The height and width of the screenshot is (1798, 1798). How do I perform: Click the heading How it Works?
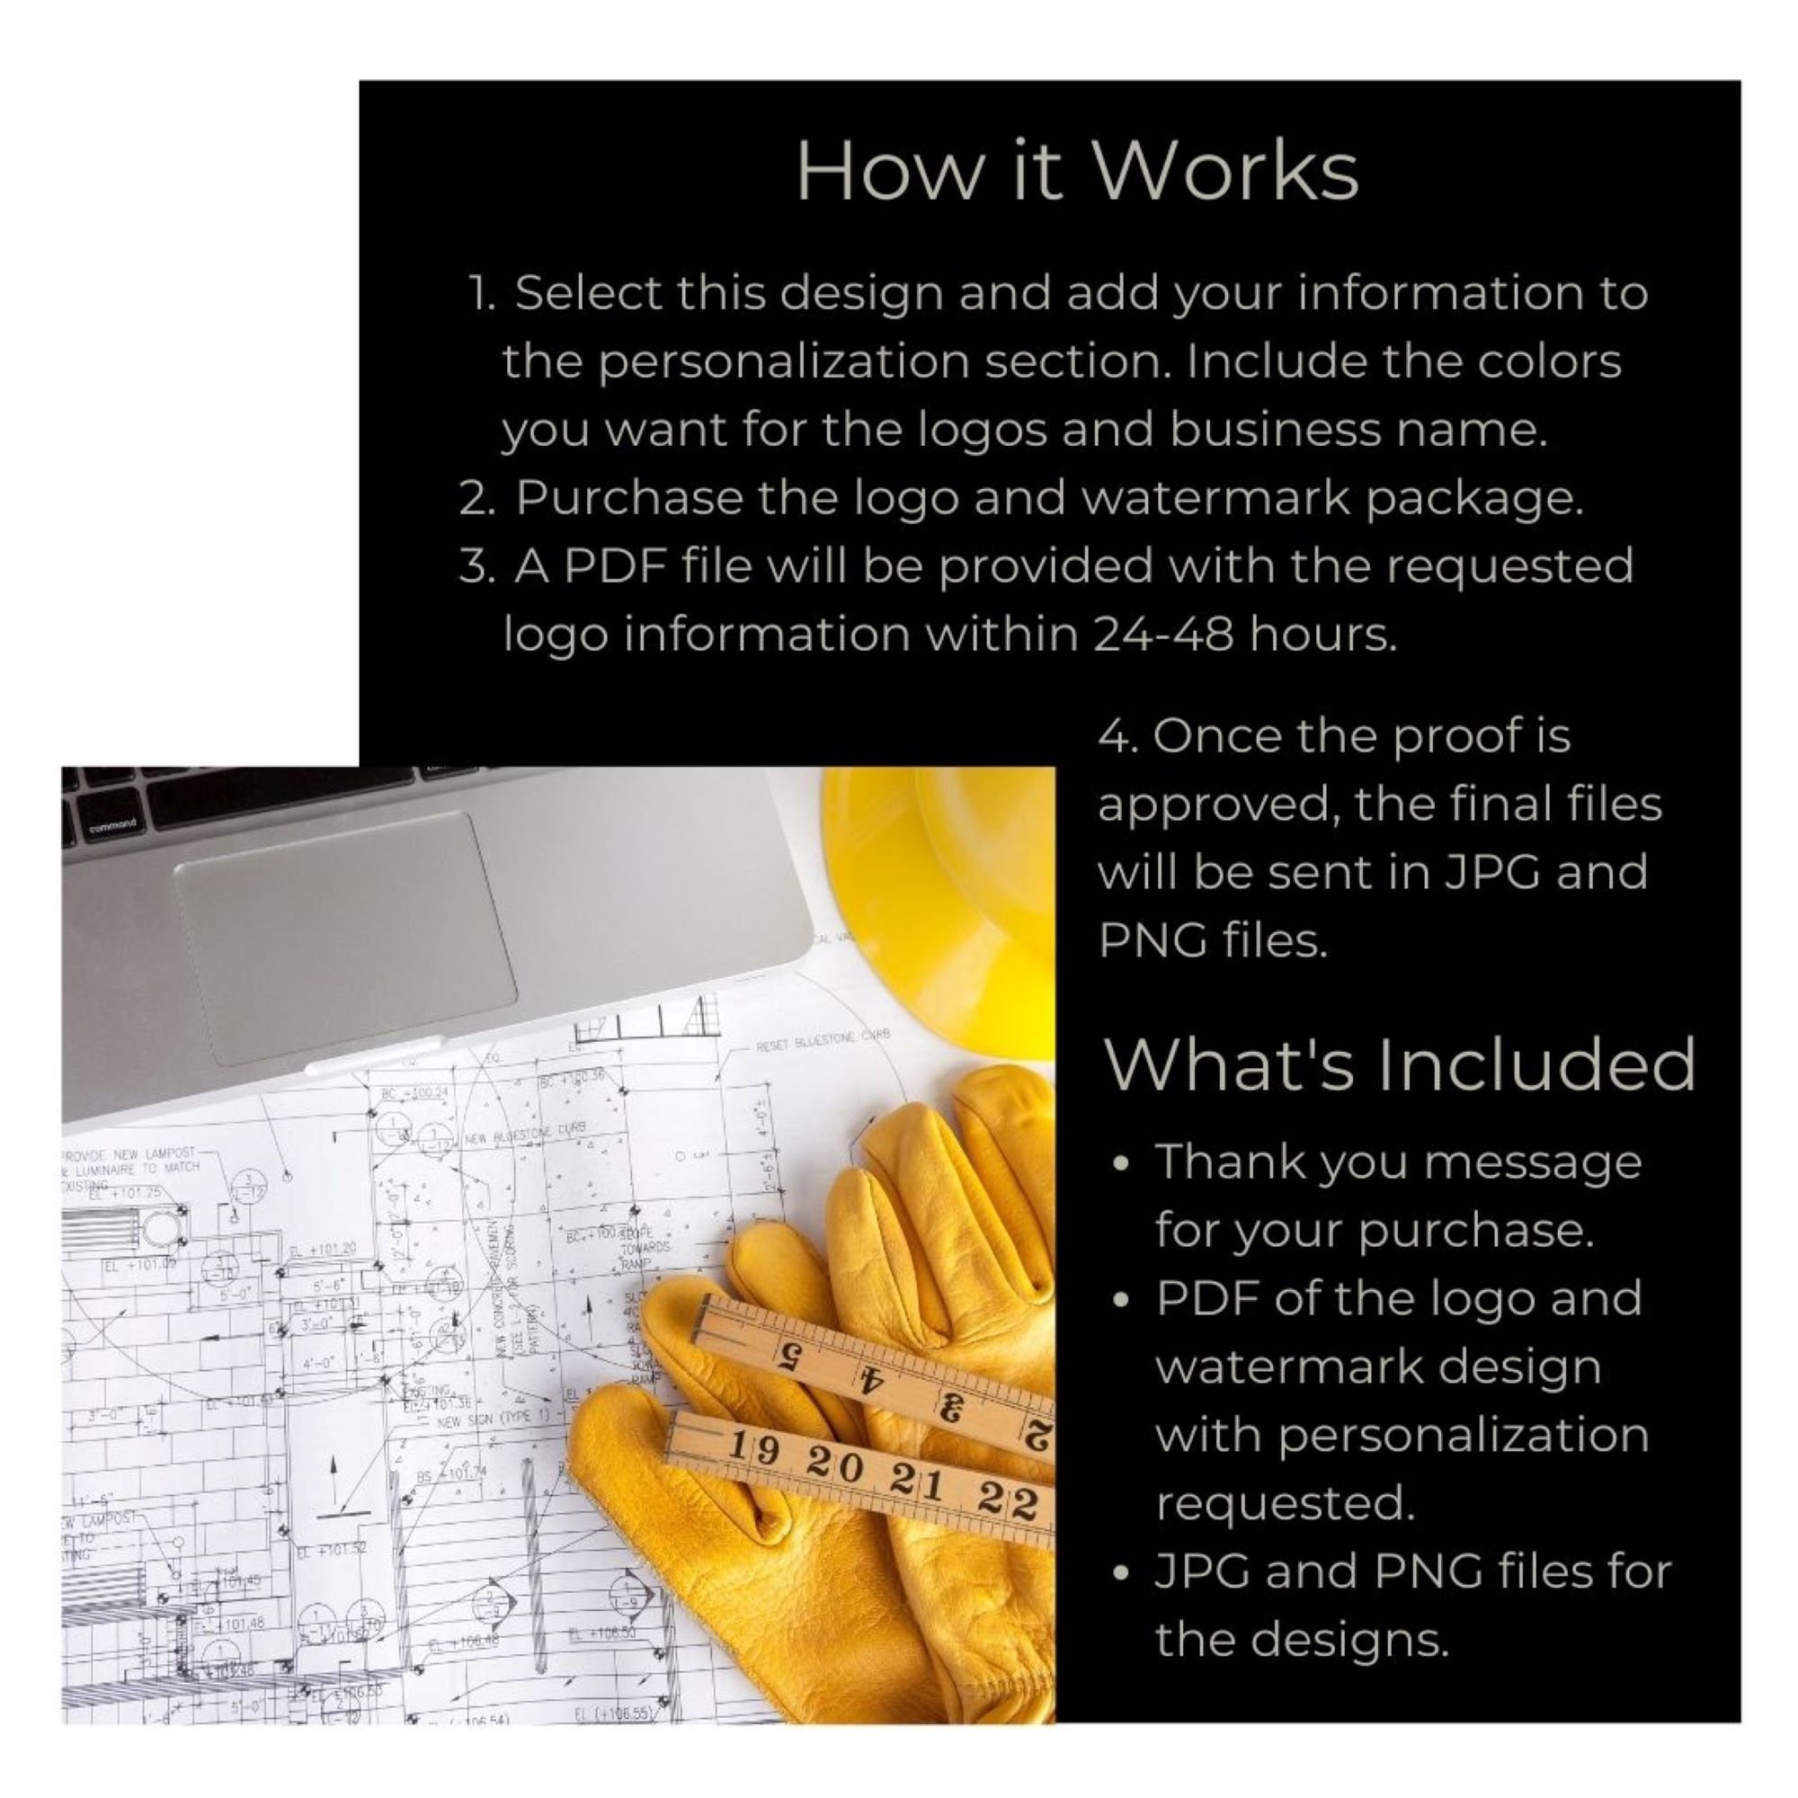coord(1077,170)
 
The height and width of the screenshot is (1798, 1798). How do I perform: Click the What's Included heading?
coord(1399,1064)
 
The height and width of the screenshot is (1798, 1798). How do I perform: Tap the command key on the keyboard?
coord(111,824)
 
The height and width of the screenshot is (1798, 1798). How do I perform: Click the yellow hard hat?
coord(940,894)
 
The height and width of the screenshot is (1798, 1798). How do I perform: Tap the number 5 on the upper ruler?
coord(788,1355)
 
